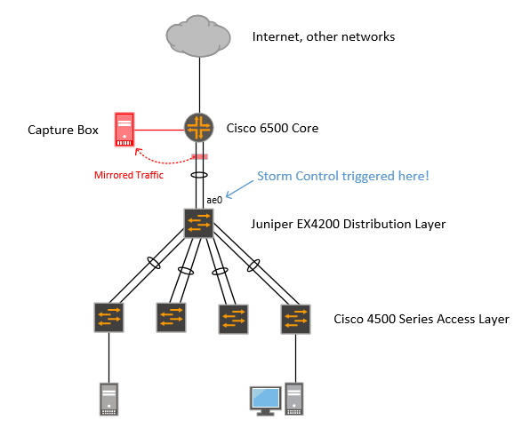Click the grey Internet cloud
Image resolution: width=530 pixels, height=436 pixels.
point(198,36)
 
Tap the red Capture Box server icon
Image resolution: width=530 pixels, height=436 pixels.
point(124,130)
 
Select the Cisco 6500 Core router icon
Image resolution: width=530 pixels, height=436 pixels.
point(199,128)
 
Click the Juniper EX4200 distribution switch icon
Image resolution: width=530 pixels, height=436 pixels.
point(199,224)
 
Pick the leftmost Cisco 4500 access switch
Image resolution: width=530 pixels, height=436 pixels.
point(108,317)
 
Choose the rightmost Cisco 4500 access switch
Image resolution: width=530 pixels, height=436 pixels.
point(296,320)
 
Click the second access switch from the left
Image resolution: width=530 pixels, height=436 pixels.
point(171,317)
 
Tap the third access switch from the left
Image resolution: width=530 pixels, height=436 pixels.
point(233,320)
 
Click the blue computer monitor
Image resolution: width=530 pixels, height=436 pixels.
point(266,400)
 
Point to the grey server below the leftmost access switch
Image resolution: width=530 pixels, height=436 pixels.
point(108,399)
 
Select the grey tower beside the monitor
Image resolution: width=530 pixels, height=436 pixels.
point(294,399)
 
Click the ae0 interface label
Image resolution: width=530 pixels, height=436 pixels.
point(214,200)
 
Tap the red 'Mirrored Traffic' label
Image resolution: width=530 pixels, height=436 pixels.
point(129,175)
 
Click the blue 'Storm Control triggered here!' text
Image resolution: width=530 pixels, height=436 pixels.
point(343,176)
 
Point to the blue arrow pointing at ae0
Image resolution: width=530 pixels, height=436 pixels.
point(239,189)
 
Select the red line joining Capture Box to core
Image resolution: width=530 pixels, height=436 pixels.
point(159,130)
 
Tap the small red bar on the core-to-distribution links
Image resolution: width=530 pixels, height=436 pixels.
point(200,156)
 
